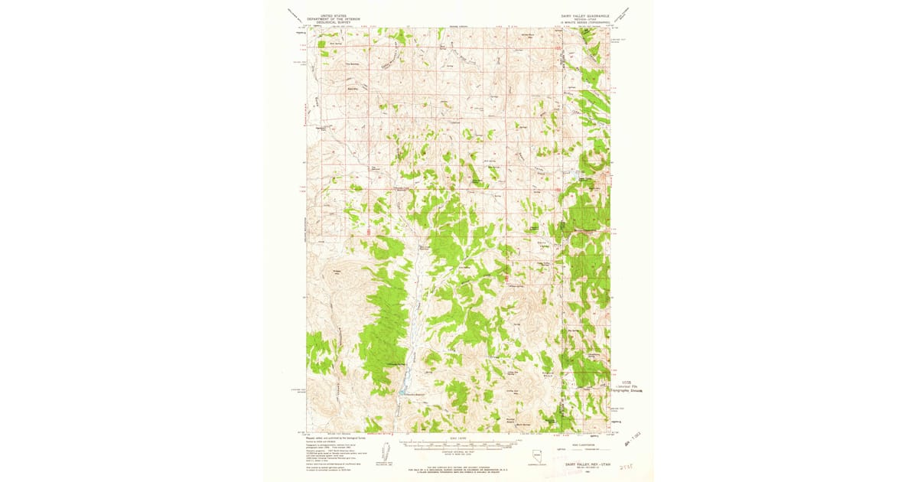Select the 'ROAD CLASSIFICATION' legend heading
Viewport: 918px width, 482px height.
[586, 439]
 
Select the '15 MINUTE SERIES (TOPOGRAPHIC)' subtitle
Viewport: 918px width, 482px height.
[584, 23]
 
